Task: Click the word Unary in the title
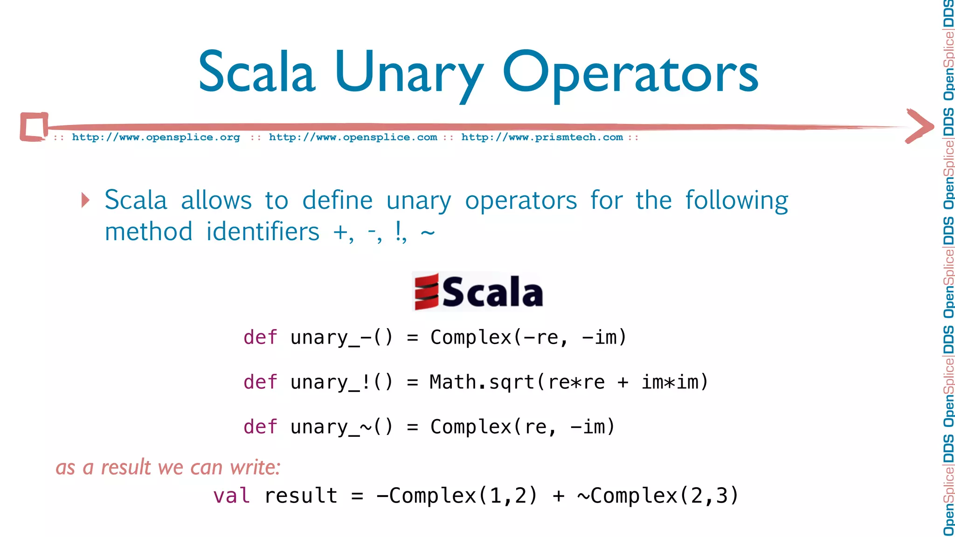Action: (x=408, y=72)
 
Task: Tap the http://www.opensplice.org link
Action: (x=156, y=138)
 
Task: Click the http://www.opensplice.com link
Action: (x=353, y=138)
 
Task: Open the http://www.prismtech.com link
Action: (x=542, y=138)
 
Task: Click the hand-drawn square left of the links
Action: (x=34, y=126)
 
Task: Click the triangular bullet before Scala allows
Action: (x=85, y=200)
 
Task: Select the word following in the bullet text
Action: (x=736, y=200)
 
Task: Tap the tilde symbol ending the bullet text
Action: (x=428, y=232)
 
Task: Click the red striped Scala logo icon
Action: (x=427, y=292)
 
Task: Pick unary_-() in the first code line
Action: (x=341, y=337)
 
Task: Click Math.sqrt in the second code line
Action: (x=482, y=382)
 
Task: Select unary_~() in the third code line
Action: (x=341, y=427)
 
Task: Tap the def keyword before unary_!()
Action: (x=260, y=382)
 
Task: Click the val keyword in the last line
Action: (x=231, y=496)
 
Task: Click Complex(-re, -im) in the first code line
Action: (x=528, y=337)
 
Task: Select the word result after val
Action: (x=301, y=496)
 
